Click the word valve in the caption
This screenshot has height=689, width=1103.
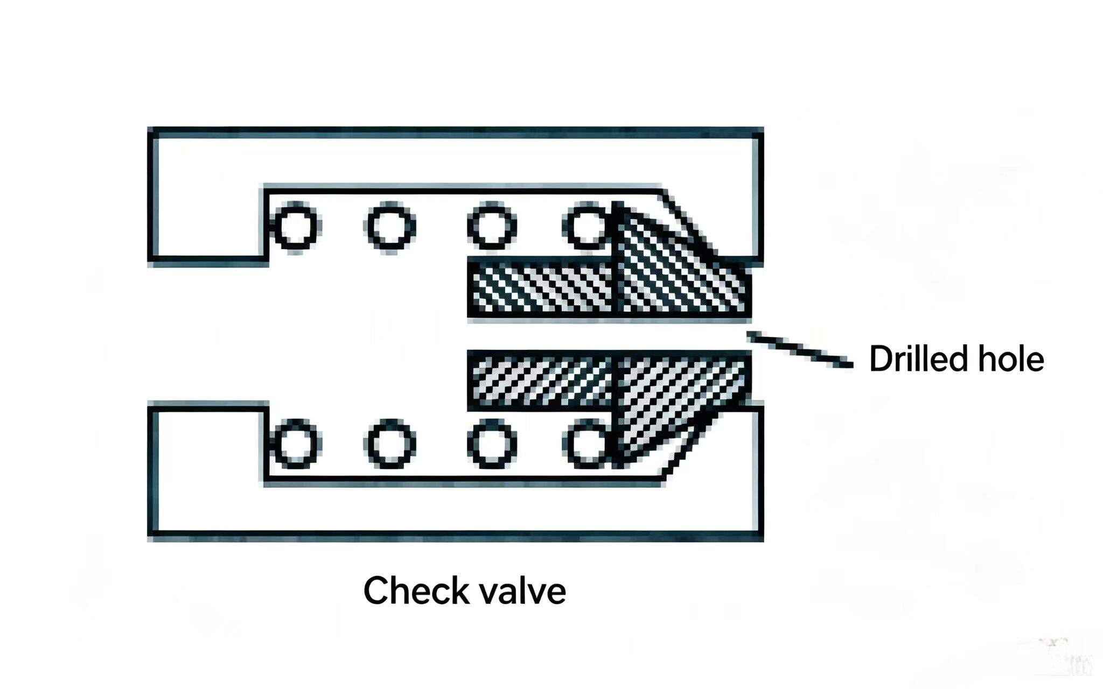point(523,590)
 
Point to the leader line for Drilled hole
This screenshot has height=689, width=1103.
point(800,350)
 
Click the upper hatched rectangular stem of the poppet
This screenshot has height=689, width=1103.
point(541,288)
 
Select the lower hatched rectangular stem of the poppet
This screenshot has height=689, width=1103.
point(541,379)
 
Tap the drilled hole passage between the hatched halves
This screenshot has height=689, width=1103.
point(609,334)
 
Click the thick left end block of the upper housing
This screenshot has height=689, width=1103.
point(208,196)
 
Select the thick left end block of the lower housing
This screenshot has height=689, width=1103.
point(208,471)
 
